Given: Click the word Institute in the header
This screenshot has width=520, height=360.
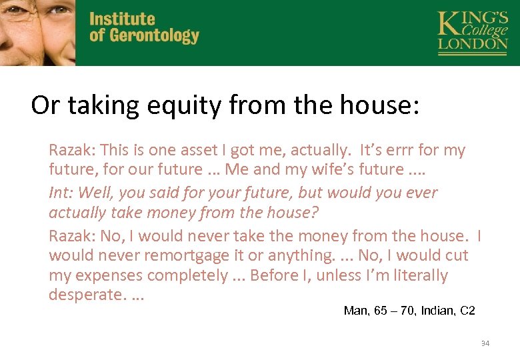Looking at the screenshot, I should click(x=122, y=19).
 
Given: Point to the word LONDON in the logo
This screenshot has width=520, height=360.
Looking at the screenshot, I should click(x=472, y=44).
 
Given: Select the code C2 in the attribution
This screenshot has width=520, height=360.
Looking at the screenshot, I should click(x=469, y=310).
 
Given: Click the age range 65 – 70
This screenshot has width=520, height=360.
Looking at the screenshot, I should click(x=395, y=310).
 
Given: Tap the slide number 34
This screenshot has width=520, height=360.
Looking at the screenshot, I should click(x=485, y=343).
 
